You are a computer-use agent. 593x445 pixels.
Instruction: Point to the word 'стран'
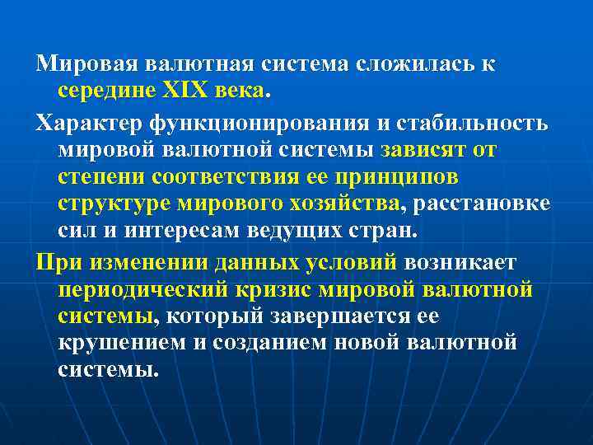[x=380, y=230]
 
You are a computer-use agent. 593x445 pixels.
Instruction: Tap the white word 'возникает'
[x=461, y=262]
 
